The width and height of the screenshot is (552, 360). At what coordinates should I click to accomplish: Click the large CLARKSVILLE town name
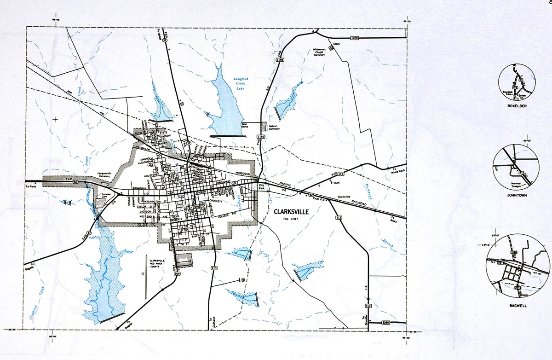(x=291, y=212)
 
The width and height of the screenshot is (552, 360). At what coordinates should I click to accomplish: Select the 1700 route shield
(x=354, y=38)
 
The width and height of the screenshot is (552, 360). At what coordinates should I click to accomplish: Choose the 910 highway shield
(x=213, y=267)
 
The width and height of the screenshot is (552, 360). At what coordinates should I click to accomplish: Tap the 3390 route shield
(x=386, y=323)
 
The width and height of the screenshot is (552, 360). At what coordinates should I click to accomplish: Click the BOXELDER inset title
(x=517, y=106)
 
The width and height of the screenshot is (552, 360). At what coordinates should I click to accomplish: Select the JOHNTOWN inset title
(x=517, y=195)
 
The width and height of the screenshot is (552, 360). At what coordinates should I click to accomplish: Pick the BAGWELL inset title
(x=517, y=306)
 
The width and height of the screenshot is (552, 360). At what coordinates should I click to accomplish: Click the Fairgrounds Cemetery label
(x=104, y=175)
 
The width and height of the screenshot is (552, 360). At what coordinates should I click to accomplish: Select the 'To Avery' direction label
(x=392, y=219)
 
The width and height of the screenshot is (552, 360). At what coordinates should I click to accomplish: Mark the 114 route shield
(x=341, y=174)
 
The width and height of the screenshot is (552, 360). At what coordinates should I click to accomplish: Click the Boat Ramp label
(x=245, y=125)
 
